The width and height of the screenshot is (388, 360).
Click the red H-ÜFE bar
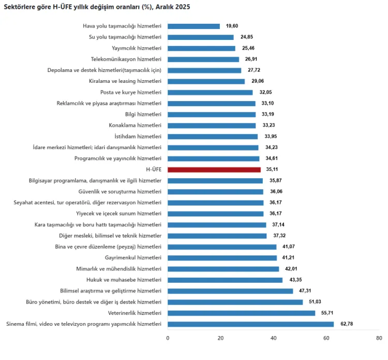point(214,169)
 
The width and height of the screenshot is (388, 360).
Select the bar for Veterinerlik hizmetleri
point(241,313)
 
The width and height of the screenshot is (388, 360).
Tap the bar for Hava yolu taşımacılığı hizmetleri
point(193,26)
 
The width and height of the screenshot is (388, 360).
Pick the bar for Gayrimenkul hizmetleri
point(222,257)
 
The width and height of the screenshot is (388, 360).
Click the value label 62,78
point(346,324)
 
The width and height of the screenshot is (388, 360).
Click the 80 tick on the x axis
point(380,338)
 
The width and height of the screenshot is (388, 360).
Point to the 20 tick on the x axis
point(221,338)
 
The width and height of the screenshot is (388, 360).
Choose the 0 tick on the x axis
point(168,338)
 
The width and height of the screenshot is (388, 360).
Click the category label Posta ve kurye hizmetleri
point(131,92)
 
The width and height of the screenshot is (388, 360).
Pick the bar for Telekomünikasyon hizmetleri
point(203,59)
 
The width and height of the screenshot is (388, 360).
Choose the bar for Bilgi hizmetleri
point(212,114)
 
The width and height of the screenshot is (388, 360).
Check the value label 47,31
point(306,291)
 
